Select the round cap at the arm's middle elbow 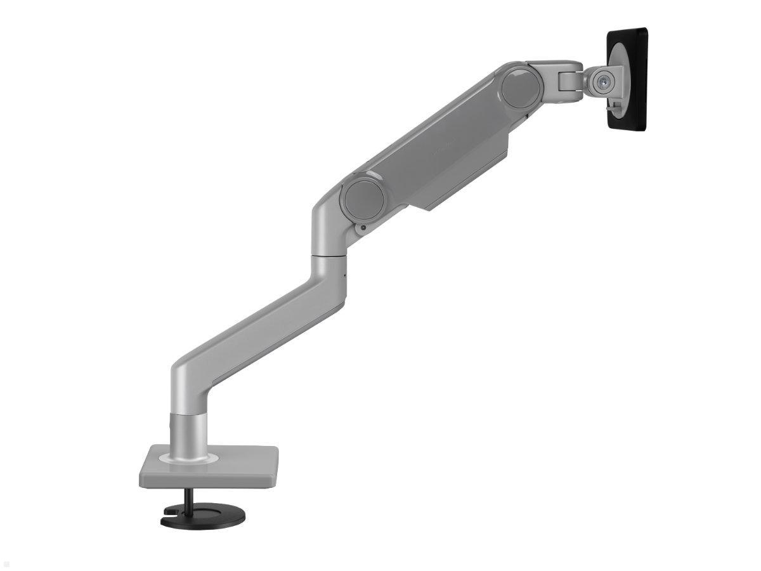[362, 197]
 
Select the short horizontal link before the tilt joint [558, 70]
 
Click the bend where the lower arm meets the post [187, 381]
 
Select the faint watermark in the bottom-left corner [8, 564]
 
